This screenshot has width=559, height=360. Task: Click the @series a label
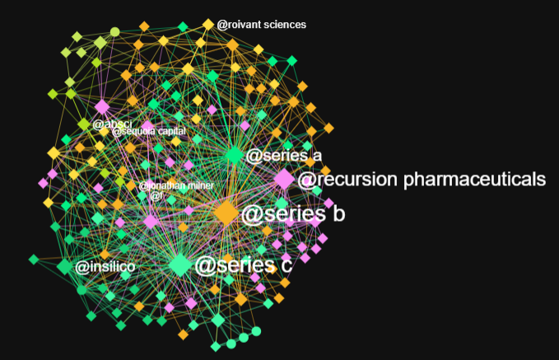click(x=284, y=156)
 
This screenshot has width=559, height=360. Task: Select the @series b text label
click(x=292, y=214)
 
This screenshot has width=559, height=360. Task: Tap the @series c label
click(x=243, y=265)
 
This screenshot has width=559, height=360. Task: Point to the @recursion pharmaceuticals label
click(x=422, y=179)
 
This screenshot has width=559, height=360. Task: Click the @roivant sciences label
click(x=261, y=25)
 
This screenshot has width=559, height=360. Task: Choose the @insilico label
click(x=105, y=267)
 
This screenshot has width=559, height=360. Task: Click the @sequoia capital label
click(x=149, y=131)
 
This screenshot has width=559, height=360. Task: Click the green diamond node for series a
click(x=234, y=155)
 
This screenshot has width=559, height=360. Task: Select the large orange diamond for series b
click(x=226, y=213)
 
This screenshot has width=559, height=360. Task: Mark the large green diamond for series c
click(x=180, y=264)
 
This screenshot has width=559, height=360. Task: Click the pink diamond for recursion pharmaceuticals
click(x=283, y=179)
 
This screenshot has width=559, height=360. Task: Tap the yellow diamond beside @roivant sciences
click(x=207, y=24)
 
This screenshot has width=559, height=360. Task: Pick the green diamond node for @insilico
click(x=64, y=266)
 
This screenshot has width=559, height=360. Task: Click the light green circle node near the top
click(x=115, y=32)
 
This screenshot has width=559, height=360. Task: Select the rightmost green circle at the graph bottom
click(x=256, y=331)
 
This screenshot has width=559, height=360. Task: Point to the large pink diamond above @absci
click(x=102, y=107)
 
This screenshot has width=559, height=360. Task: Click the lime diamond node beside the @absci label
click(x=84, y=124)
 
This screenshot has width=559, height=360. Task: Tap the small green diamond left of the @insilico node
click(x=34, y=259)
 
